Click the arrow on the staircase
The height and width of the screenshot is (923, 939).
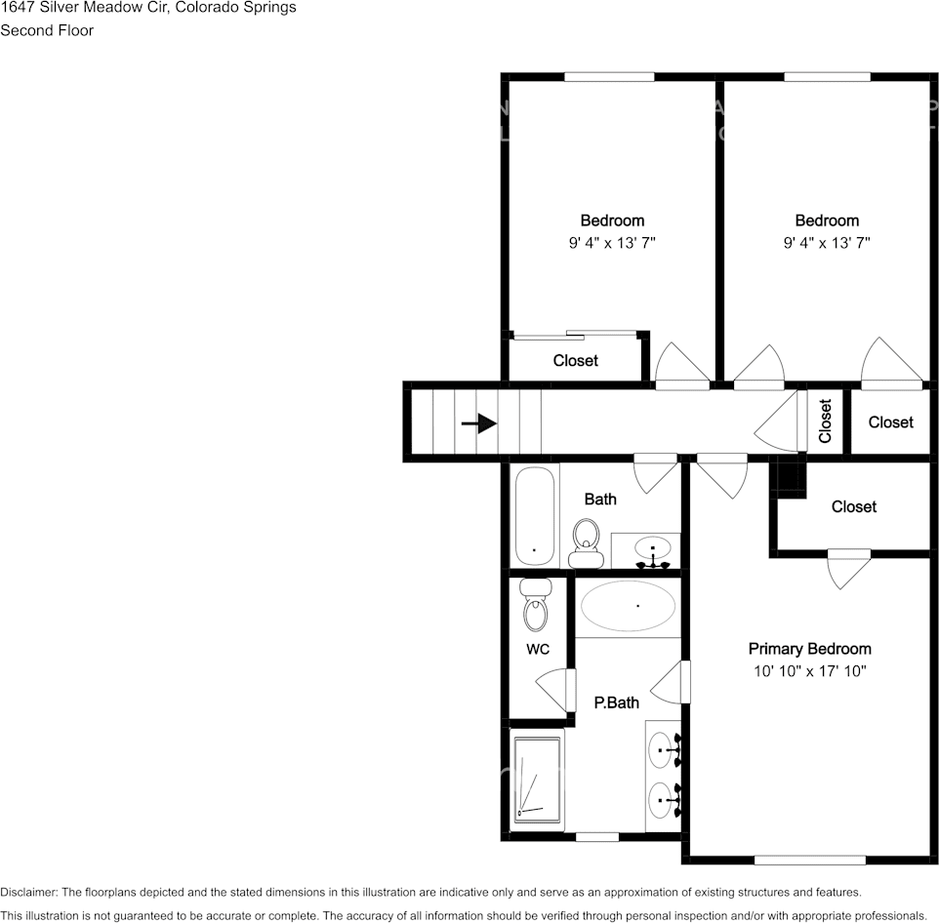478,423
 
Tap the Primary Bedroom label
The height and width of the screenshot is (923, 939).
809,649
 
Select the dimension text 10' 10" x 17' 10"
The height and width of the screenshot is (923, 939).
809,671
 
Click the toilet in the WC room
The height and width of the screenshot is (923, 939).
535,607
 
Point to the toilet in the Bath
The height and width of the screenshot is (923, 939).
586,542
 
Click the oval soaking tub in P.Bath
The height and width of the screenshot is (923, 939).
628,607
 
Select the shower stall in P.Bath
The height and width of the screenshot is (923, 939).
537,778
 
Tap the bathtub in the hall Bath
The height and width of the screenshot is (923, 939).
534,515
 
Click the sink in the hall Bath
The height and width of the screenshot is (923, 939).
651,550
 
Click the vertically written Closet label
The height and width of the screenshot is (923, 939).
825,421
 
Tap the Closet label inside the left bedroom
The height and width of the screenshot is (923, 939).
575,361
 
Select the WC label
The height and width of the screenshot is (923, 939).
537,648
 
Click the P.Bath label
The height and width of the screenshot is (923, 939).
616,702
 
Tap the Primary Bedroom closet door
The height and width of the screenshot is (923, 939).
847,569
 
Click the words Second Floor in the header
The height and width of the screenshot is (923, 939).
47,30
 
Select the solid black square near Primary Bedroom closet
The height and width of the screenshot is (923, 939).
787,478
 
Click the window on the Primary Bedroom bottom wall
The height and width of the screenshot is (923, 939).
809,860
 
